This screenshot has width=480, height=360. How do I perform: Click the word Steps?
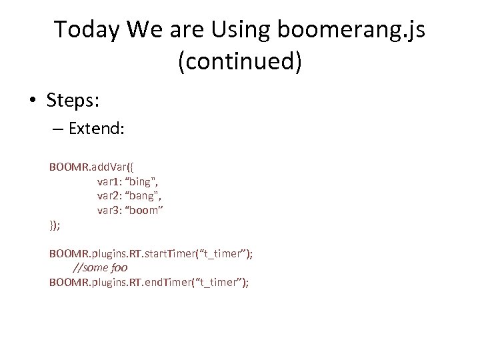click(72, 100)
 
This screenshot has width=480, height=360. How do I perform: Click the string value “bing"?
click(145, 181)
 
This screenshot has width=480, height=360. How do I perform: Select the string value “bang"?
click(147, 195)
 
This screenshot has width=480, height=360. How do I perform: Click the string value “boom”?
click(147, 210)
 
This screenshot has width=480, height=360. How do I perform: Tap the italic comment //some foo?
click(99, 268)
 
